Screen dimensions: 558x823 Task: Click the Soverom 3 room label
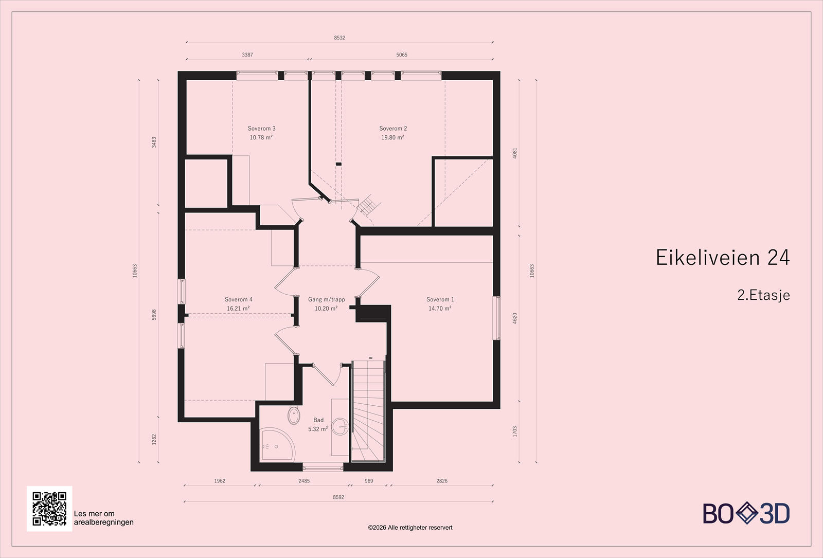coord(261,129)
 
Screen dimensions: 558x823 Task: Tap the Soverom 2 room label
coord(393,129)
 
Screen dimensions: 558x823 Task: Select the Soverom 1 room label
coord(440,299)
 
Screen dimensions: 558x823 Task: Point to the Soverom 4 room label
coord(238,299)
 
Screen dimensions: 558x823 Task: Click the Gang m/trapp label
coord(326,299)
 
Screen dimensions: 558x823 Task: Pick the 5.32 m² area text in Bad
coord(318,429)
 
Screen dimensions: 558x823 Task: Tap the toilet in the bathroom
coord(294,416)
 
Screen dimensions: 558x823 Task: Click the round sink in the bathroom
coord(339,426)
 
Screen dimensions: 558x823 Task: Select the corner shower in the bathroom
coord(275,445)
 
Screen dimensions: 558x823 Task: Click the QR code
coord(49,509)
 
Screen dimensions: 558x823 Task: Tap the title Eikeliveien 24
coord(722,258)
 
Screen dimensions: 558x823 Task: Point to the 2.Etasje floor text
coord(763,295)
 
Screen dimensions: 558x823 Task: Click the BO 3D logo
coord(746,514)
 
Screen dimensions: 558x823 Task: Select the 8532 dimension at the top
coord(339,38)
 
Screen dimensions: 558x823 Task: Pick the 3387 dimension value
coord(247,55)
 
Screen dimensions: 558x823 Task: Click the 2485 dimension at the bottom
coord(304,481)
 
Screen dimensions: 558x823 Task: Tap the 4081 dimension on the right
coord(515,153)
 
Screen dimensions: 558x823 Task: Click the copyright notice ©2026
coord(410,528)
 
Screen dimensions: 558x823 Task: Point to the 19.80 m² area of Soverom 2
coord(392,138)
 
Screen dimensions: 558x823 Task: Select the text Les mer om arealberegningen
coord(104,518)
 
